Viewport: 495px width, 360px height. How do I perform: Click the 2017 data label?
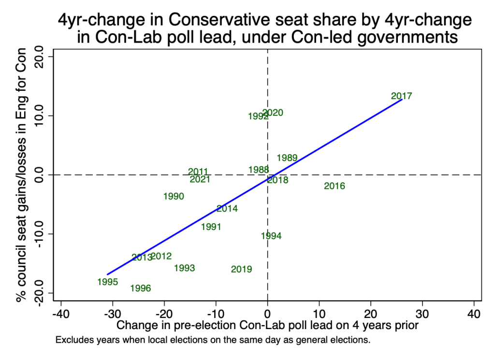(x=401, y=96)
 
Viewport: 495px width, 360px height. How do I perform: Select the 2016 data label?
(x=335, y=186)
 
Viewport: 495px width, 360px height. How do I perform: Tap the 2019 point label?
(x=241, y=269)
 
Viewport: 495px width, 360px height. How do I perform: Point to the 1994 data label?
(x=271, y=236)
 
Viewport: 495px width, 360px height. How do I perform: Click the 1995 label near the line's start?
(x=107, y=282)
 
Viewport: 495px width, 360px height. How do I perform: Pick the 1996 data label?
(x=141, y=288)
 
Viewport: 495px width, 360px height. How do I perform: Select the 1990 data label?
(x=174, y=196)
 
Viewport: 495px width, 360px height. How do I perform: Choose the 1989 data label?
(x=287, y=158)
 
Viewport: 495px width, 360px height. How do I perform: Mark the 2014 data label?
(x=227, y=209)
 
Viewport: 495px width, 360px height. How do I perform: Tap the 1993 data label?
(x=184, y=268)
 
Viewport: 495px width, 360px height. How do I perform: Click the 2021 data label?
(x=200, y=179)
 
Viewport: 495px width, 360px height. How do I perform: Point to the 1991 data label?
(x=211, y=227)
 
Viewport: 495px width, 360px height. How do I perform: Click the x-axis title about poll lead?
(x=267, y=326)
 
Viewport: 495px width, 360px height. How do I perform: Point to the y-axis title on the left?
(x=21, y=174)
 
